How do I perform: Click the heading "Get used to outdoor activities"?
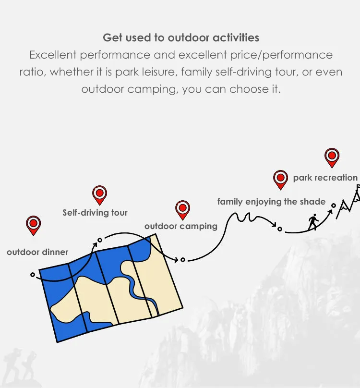point(181,37)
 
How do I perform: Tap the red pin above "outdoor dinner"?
point(34,225)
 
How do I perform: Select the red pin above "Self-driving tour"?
point(100,195)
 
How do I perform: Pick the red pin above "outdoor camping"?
point(182,210)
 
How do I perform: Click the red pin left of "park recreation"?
point(281,180)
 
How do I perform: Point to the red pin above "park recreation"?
point(332,158)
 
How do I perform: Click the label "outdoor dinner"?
point(37,252)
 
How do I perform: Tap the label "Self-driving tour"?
point(95,213)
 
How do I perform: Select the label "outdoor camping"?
point(181,227)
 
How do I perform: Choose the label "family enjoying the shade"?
point(271,202)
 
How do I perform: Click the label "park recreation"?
point(325,178)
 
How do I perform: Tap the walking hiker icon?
point(313,222)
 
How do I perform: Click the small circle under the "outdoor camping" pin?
point(183,260)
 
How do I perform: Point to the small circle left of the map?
point(33,275)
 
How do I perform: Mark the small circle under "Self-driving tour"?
point(100,240)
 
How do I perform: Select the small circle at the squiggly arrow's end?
point(280,229)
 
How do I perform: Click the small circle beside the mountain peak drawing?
point(334,206)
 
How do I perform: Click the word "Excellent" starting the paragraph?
point(53,55)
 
